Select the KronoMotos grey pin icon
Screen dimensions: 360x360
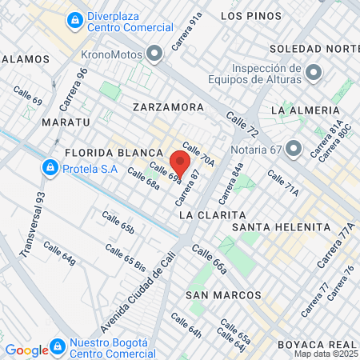point(155,54)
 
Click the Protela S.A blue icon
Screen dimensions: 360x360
point(50,167)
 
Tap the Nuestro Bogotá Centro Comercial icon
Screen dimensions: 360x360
point(57,347)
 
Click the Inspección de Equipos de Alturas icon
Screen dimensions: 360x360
point(314,74)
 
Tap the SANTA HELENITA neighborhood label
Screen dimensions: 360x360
point(281,227)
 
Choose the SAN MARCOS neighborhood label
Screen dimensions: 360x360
point(214,295)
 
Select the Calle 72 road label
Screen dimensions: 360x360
point(242,124)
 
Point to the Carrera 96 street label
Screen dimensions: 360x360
point(70,88)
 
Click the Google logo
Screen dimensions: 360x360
point(26,350)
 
